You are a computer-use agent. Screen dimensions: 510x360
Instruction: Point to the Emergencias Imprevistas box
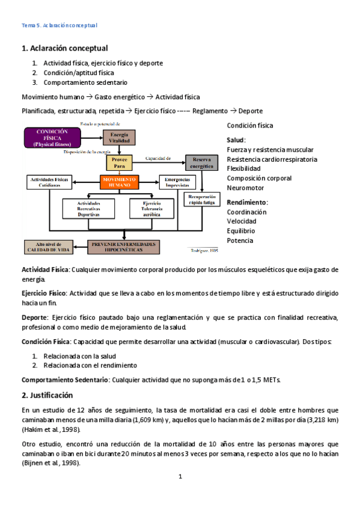178,182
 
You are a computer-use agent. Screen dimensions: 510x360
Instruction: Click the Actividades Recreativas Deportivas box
88,208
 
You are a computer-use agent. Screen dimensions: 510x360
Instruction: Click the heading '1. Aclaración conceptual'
64,48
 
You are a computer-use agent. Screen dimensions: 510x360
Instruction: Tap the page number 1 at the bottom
180,476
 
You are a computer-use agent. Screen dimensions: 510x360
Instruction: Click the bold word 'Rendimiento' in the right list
247,202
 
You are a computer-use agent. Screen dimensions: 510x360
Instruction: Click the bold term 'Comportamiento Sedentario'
65,380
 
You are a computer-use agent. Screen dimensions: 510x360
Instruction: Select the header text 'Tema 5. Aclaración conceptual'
59,26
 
